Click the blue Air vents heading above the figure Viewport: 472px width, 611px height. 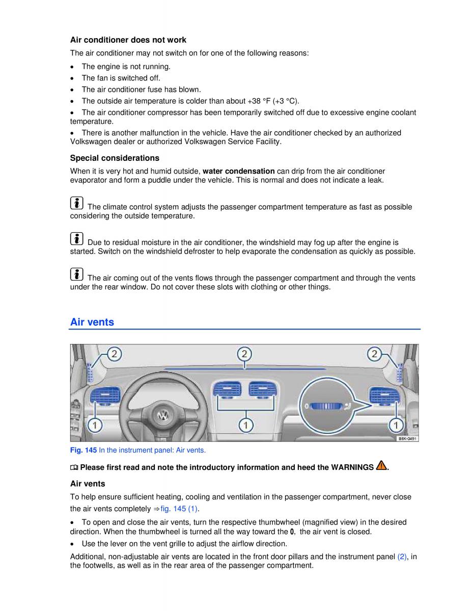click(x=92, y=322)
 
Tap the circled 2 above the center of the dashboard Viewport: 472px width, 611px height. click(x=244, y=354)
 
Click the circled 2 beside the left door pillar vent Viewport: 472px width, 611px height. click(x=115, y=354)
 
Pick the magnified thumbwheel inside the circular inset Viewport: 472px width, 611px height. click(x=325, y=406)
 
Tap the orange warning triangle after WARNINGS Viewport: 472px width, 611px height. click(x=381, y=466)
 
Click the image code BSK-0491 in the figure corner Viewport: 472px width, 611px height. click(x=407, y=438)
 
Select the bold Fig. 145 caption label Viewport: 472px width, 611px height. click(x=83, y=450)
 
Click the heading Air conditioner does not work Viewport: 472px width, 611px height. click(x=128, y=40)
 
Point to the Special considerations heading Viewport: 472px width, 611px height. click(x=115, y=158)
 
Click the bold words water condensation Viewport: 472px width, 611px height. click(x=238, y=171)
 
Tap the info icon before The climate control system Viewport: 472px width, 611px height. click(x=76, y=203)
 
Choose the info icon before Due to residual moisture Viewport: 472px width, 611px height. click(x=76, y=239)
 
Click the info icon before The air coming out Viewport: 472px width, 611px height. click(x=76, y=274)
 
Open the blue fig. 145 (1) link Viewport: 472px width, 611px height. click(x=179, y=509)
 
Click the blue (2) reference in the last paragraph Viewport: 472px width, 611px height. click(x=402, y=557)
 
